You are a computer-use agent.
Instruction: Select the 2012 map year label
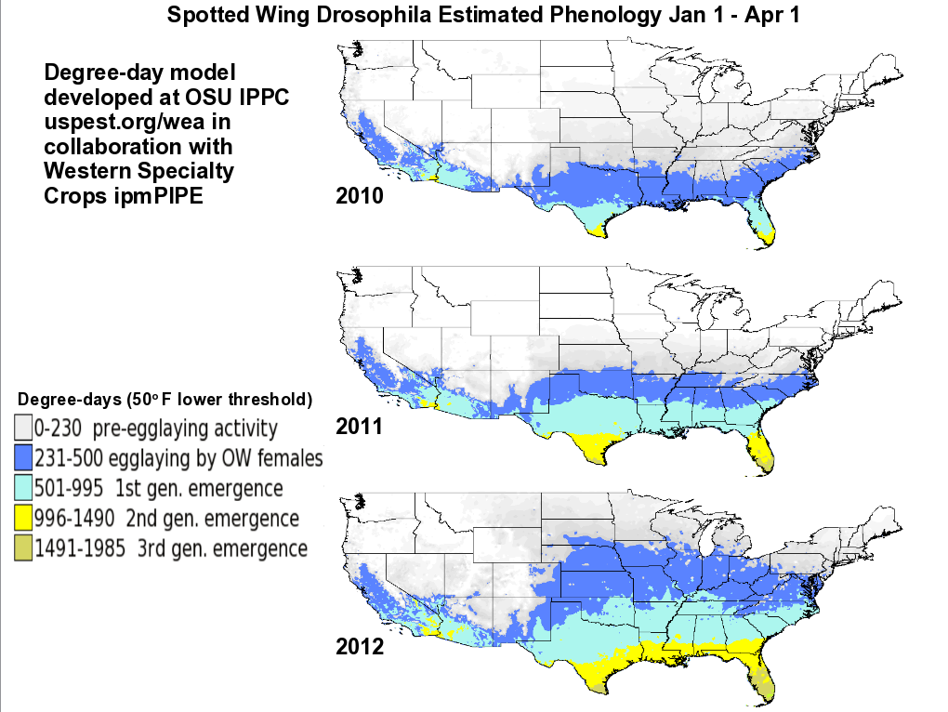(358, 646)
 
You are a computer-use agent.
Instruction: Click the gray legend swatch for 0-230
(23, 429)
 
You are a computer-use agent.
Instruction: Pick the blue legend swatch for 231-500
(23, 458)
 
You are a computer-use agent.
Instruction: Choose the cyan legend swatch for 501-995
(23, 488)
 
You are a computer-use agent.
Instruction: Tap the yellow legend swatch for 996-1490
(23, 518)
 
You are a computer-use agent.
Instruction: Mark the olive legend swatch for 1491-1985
(23, 547)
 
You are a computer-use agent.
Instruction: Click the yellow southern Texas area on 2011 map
(596, 450)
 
